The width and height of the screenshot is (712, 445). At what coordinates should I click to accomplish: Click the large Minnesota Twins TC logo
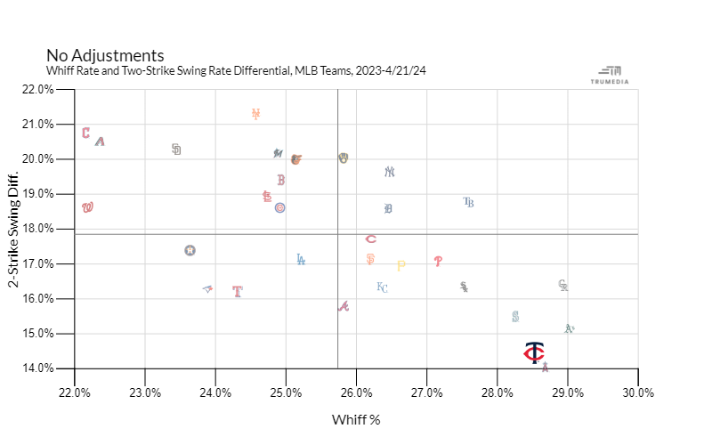[x=534, y=353]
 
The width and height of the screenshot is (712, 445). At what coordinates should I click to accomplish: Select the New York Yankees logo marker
[x=389, y=172]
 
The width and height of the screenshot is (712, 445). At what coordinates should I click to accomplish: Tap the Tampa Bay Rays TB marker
[x=469, y=203]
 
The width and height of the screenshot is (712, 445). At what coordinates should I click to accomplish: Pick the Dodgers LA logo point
[x=301, y=260]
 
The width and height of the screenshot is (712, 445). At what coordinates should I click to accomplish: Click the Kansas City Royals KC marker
[x=382, y=287]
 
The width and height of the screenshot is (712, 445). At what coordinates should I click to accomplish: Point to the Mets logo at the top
[x=255, y=114]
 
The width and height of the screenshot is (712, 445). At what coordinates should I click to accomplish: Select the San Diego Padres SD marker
[x=176, y=150]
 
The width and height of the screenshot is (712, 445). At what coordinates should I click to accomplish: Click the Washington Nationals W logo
[x=87, y=207]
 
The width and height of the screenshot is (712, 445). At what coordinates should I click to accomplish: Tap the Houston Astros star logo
[x=190, y=251]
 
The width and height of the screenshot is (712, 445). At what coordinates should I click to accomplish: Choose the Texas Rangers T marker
[x=238, y=291]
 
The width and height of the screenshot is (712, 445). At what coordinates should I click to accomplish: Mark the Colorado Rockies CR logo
[x=562, y=286]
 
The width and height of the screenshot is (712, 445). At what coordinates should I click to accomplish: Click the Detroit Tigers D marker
[x=388, y=209]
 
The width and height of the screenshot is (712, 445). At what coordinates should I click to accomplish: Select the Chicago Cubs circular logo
[x=279, y=207]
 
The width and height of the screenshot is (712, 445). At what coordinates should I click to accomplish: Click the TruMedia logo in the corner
[x=611, y=75]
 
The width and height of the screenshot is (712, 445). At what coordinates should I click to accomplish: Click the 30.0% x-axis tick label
[x=638, y=392]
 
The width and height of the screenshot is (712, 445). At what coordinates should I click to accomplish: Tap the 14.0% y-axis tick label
[x=38, y=368]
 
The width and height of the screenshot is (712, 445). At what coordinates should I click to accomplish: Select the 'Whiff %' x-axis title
[x=356, y=419]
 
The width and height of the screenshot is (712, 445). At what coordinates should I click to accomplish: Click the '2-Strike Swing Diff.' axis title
[x=14, y=229]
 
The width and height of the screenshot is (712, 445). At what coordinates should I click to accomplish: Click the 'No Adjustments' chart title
[x=105, y=55]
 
